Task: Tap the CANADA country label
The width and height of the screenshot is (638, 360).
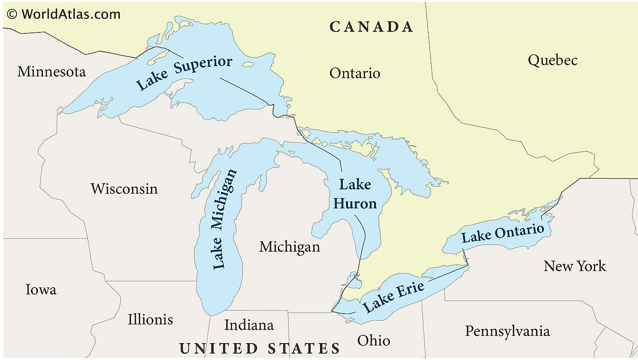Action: coord(371,27)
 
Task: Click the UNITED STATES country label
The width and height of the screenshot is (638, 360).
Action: coord(260,348)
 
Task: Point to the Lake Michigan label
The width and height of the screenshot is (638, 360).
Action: coord(225,218)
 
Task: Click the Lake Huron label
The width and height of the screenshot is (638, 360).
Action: coord(355,194)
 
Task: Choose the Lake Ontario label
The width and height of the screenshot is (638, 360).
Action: coord(502,233)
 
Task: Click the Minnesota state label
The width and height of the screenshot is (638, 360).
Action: coord(51,72)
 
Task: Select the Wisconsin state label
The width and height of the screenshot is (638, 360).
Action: coord(124,188)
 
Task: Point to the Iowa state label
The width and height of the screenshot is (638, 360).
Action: coord(41,289)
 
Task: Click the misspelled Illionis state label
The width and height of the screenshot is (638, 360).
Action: coord(150,319)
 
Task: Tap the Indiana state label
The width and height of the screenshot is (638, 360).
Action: coord(249,325)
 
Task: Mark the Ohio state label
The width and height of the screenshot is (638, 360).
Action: coord(374,340)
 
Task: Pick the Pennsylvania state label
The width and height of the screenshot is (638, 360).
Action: coord(507,331)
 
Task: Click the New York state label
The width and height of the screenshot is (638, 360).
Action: coord(574,266)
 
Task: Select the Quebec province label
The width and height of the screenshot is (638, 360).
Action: coord(552,60)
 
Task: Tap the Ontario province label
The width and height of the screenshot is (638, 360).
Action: coord(355,73)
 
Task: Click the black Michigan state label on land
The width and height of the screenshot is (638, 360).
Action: coord(290,247)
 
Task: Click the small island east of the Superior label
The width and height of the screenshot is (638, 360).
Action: coord(248,64)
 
